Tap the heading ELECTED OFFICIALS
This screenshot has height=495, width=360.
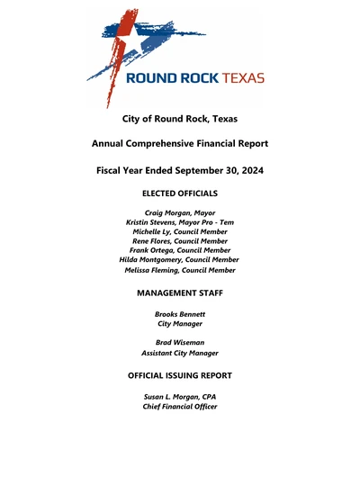pyautogui.click(x=180, y=193)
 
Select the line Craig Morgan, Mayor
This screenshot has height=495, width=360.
pyautogui.click(x=180, y=212)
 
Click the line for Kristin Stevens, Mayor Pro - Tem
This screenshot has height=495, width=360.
pyautogui.click(x=180, y=222)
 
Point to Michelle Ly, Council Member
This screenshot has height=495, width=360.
pyautogui.click(x=180, y=231)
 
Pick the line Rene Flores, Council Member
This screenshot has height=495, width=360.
pyautogui.click(x=180, y=241)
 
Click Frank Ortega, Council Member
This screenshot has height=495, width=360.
pyautogui.click(x=180, y=250)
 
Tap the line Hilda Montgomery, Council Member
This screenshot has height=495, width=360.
pyautogui.click(x=180, y=259)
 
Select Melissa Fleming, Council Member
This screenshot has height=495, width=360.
pyautogui.click(x=180, y=270)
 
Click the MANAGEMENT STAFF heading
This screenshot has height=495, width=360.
pyautogui.click(x=180, y=293)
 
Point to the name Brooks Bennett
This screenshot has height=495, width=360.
pyautogui.click(x=180, y=313)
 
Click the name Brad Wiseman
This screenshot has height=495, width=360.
pyautogui.click(x=180, y=344)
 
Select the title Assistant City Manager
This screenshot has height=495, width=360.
pyautogui.click(x=180, y=354)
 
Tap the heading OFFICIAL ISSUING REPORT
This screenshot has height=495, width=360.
pyautogui.click(x=180, y=375)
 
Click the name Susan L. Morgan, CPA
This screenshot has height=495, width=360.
pyautogui.click(x=180, y=397)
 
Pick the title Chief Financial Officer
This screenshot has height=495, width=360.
pyautogui.click(x=180, y=407)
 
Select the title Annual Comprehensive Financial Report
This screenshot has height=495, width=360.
pyautogui.click(x=180, y=144)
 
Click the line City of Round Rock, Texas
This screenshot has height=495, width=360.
pyautogui.click(x=180, y=118)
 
